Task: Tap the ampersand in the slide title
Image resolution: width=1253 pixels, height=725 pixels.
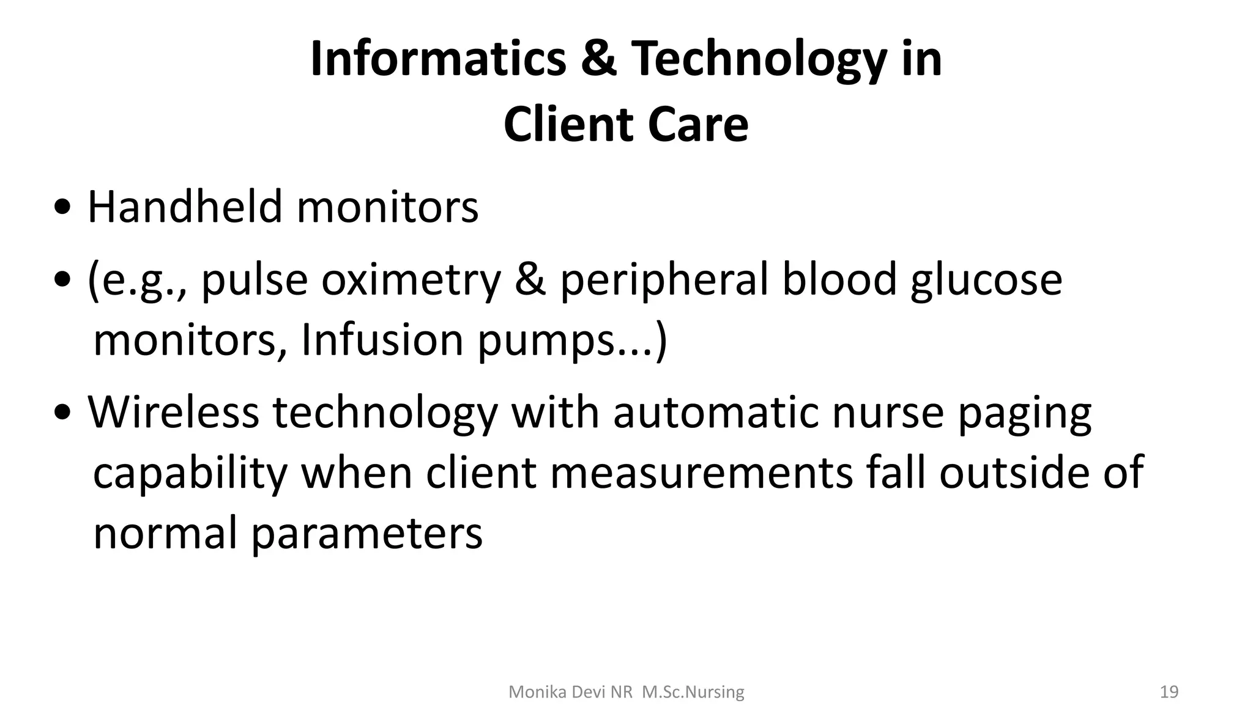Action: tap(598, 59)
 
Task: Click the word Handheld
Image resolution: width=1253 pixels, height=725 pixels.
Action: tap(185, 207)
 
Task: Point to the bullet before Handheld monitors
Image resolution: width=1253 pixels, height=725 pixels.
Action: tap(61, 209)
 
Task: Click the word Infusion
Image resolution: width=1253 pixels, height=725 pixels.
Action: tap(382, 340)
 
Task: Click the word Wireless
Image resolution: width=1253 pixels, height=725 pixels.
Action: tap(174, 412)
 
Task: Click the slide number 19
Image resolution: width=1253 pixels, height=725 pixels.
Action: tap(1169, 692)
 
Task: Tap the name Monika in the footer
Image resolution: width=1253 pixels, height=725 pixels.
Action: tap(531, 692)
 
